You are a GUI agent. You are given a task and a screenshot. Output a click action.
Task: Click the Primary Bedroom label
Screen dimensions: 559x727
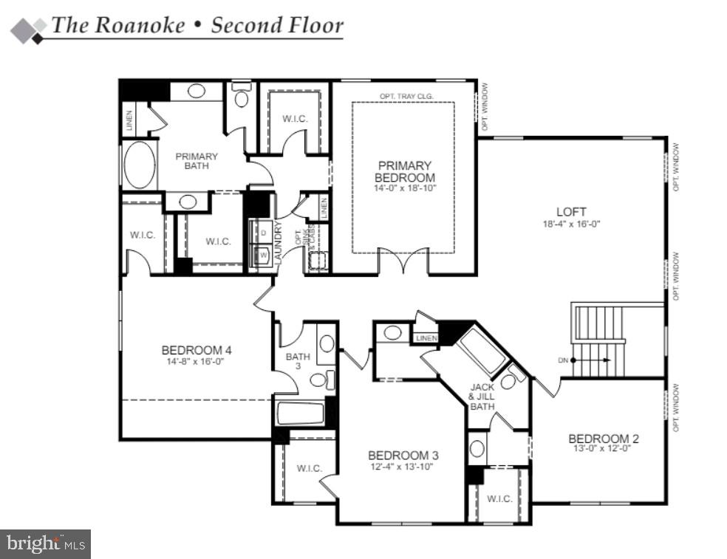tap(404, 171)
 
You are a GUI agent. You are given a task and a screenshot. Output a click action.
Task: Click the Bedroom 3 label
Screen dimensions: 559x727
tap(398, 455)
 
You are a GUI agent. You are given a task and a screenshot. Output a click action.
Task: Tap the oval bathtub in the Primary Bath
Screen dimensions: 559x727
tap(140, 165)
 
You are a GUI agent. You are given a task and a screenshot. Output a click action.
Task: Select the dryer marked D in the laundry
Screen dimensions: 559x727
tap(263, 233)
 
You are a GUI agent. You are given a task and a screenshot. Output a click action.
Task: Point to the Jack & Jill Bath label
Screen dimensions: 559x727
tap(482, 397)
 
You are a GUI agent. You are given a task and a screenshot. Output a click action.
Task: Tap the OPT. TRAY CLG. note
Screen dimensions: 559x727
tap(406, 96)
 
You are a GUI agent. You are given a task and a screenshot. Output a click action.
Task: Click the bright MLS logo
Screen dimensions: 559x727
tap(46, 544)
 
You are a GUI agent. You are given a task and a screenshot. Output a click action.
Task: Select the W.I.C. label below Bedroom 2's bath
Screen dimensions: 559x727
tap(499, 498)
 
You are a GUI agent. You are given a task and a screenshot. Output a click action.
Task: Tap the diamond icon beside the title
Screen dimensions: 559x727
tap(27, 29)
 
